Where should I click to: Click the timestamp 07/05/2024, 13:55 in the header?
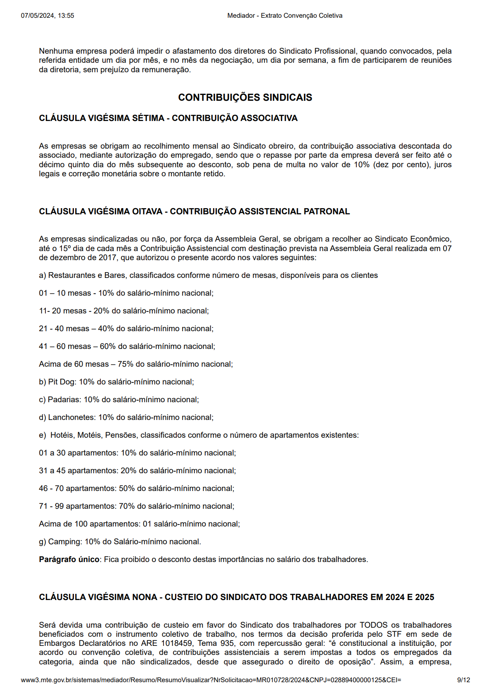47,16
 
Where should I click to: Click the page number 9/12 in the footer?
463,680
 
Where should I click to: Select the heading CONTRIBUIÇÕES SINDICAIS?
245,97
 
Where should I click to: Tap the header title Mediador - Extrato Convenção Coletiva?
285,16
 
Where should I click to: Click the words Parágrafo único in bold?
69,559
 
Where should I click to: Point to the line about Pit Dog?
116,382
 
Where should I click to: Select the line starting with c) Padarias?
119,399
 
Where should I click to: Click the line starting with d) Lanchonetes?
126,417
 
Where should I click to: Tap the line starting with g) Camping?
120,541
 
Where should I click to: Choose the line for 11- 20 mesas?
124,311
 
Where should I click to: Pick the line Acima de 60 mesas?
135,364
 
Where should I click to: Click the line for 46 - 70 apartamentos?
136,488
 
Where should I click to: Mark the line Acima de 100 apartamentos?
139,524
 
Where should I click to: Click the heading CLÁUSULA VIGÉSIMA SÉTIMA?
168,118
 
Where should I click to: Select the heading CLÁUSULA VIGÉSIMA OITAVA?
194,211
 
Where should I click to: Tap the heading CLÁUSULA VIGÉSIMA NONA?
236,597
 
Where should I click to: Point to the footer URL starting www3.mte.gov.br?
211,680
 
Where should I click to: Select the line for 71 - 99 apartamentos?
136,506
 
